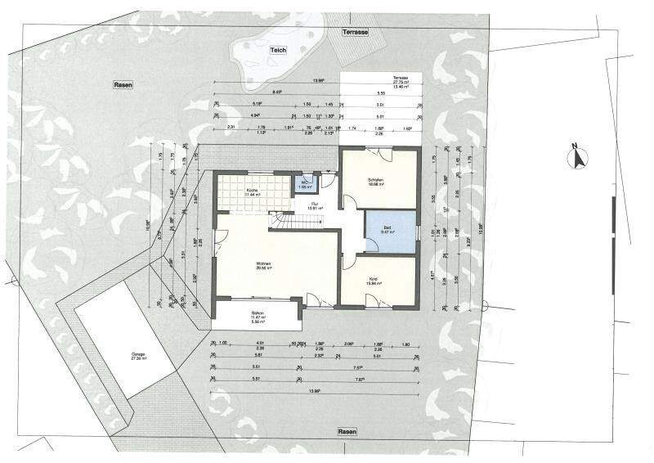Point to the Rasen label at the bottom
(349, 431)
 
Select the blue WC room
(306, 184)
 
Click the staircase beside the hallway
(281, 221)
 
